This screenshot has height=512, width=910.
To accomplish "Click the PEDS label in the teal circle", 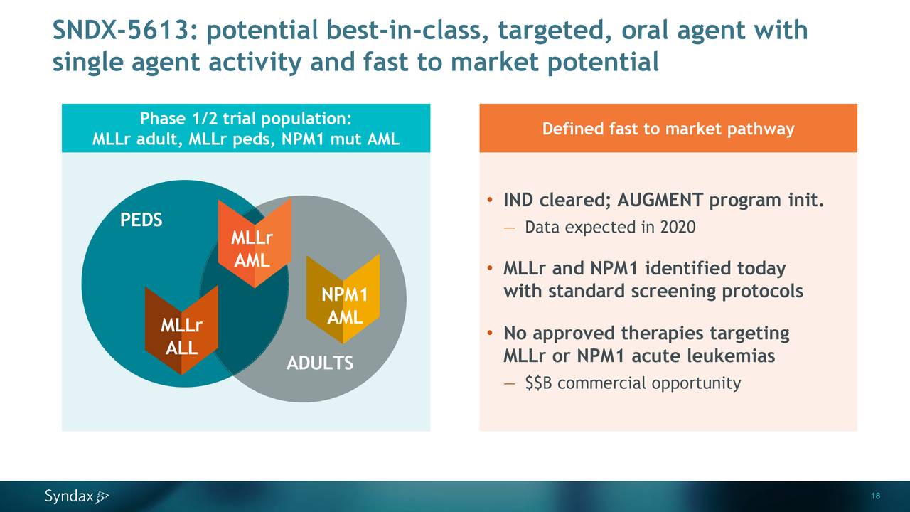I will coord(141,220).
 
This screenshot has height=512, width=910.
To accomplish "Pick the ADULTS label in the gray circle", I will coord(319,363).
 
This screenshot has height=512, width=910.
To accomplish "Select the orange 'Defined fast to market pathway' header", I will coord(668,129).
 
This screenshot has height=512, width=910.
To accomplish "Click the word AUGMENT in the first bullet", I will coord(660,201).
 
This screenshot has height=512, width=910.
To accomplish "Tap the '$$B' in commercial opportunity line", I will coord(539,383).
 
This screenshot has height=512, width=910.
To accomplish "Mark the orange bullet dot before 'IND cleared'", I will coord(491,201).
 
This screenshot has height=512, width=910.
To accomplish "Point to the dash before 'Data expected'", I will coord(509,228).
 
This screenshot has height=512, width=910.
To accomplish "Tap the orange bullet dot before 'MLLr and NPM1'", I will coord(491,270).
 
